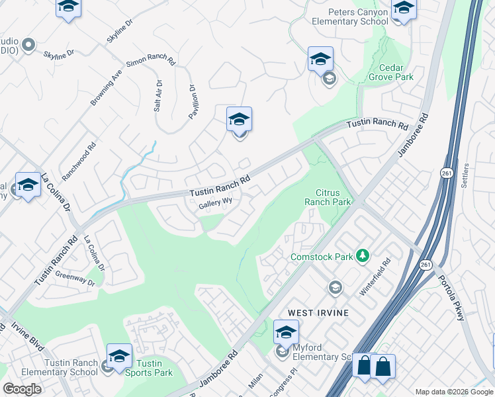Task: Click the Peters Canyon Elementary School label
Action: (358, 17)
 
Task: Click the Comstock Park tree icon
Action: (362, 255)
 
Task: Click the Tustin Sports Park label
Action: (149, 368)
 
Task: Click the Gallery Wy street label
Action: (216, 205)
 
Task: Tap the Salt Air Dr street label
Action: (158, 96)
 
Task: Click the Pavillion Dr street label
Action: (193, 101)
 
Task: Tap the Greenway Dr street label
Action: (75, 278)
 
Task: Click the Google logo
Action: (22, 388)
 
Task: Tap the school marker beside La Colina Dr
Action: (28, 185)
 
